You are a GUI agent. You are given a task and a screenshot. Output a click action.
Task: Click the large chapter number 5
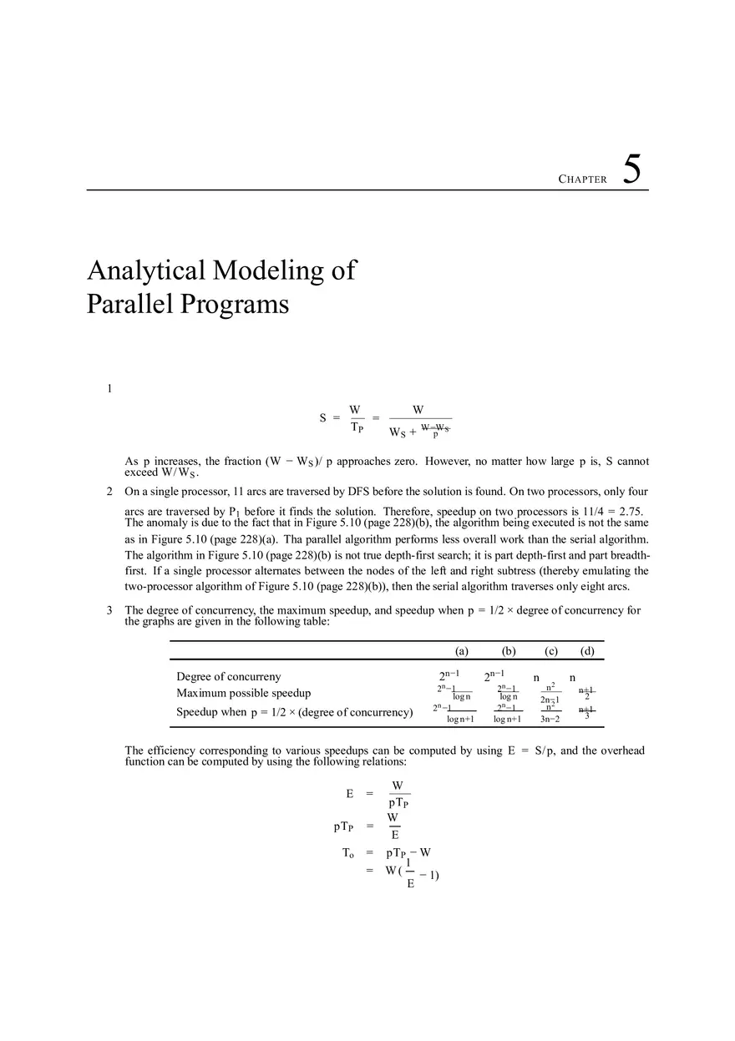[632, 170]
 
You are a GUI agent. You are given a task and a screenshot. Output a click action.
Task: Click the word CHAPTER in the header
[582, 179]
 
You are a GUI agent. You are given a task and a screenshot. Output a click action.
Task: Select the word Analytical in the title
[146, 270]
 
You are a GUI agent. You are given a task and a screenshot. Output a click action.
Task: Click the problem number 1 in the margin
[109, 388]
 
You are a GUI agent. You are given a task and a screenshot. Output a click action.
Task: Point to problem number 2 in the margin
[109, 492]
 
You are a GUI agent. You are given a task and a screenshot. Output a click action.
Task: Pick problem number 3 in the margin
[109, 610]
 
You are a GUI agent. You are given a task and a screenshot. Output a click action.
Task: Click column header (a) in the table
[461, 651]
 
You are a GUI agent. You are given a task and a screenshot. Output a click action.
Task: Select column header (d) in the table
[587, 651]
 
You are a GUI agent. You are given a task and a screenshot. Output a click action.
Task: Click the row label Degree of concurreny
[228, 677]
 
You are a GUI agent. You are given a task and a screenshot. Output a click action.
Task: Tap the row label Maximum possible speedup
[243, 693]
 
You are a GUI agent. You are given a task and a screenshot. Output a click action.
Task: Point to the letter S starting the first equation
[322, 418]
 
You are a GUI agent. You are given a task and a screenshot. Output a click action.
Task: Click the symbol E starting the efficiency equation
[349, 794]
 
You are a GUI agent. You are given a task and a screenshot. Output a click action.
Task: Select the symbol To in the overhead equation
[348, 853]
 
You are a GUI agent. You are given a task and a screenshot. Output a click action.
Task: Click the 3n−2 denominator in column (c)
[550, 719]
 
